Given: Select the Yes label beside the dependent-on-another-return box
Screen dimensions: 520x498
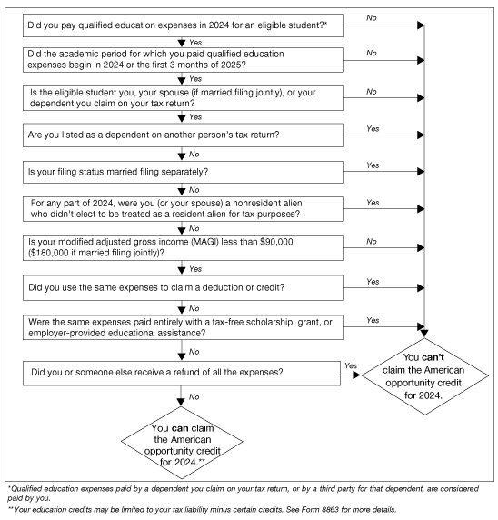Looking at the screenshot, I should pyautogui.click(x=371, y=129).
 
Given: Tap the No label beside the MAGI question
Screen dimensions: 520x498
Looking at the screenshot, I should pyautogui.click(x=371, y=242).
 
